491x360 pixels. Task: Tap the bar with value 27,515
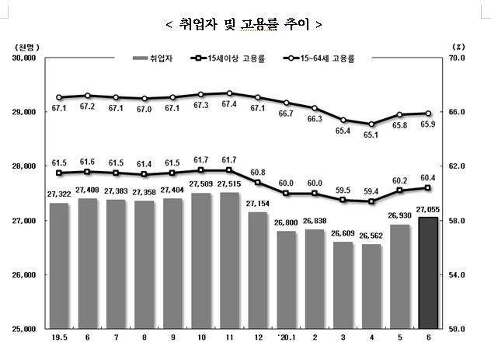[x=229, y=260]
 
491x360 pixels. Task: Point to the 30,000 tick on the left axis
[x=26, y=58]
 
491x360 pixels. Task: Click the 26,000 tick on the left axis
[x=26, y=275]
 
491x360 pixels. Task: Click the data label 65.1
[x=371, y=135]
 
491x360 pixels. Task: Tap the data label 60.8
[x=257, y=172]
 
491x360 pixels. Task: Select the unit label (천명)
[x=26, y=45]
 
